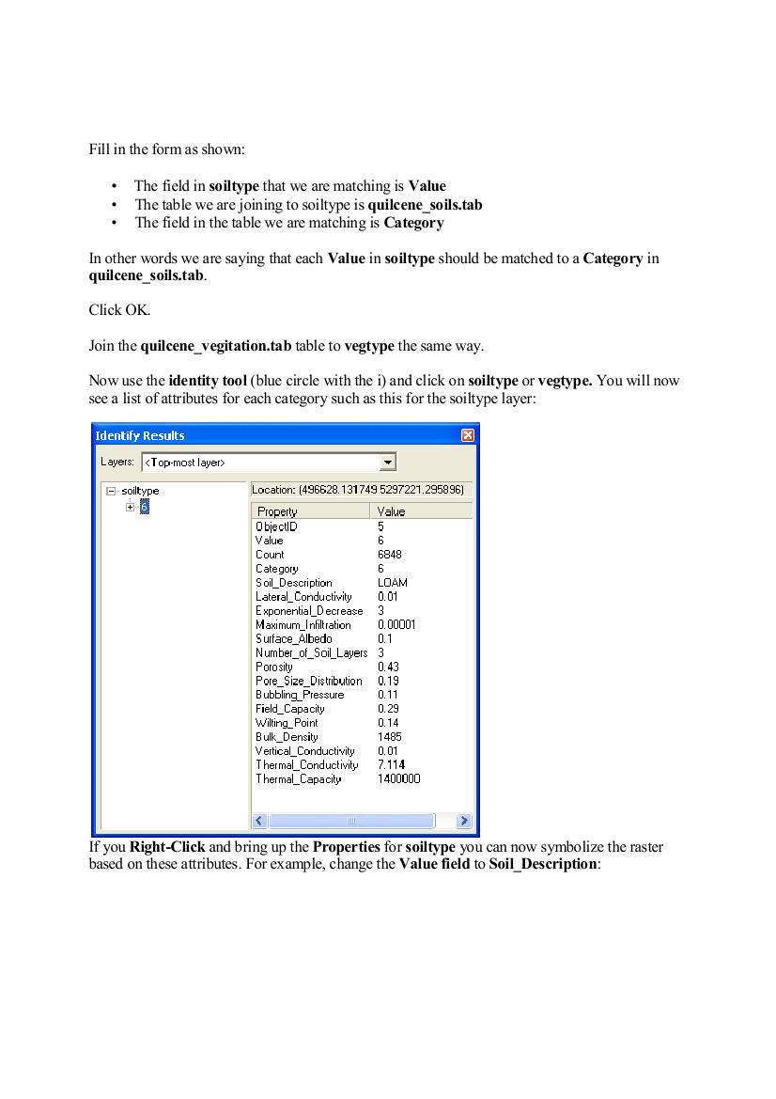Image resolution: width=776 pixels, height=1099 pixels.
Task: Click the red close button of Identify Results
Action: point(468,435)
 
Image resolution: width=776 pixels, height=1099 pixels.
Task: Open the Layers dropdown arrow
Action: point(387,462)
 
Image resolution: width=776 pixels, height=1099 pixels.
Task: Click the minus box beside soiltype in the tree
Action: point(111,491)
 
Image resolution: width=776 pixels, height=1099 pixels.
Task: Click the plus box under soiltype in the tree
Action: point(131,507)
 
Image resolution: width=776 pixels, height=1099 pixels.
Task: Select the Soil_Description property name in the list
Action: point(293,583)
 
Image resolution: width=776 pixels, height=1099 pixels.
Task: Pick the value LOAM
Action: point(393,583)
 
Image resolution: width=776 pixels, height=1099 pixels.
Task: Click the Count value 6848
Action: point(390,555)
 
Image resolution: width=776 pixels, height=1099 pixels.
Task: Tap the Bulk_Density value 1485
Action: point(390,737)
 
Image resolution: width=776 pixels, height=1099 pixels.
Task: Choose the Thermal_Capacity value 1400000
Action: point(399,779)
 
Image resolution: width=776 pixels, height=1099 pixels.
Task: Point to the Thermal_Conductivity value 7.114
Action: point(392,765)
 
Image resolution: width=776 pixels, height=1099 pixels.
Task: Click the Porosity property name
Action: point(274,667)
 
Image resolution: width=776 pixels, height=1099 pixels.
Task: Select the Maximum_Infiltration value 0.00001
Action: point(396,625)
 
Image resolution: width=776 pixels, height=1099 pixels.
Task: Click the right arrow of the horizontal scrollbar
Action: point(463,821)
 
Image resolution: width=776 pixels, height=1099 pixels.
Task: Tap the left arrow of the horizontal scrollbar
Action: point(260,821)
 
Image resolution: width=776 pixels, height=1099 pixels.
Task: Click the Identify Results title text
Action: point(140,435)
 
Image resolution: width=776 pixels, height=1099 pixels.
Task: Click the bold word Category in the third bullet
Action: point(413,223)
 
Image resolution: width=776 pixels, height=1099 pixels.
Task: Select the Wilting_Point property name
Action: point(287,723)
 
